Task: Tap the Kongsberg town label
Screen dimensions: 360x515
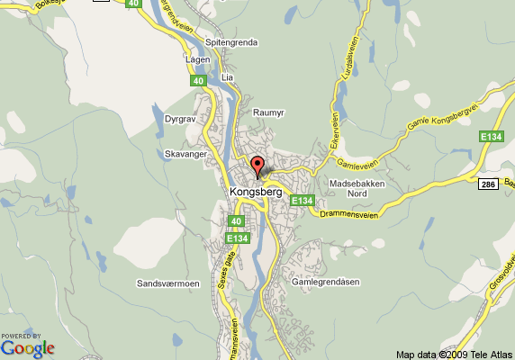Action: pyautogui.click(x=257, y=191)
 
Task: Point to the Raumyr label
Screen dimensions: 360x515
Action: pyautogui.click(x=269, y=112)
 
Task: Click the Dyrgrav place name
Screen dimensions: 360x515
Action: pyautogui.click(x=181, y=118)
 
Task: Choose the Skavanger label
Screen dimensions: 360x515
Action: pyautogui.click(x=186, y=155)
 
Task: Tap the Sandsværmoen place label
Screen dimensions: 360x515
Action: pyautogui.click(x=167, y=283)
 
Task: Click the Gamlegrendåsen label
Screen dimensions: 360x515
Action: pyautogui.click(x=326, y=282)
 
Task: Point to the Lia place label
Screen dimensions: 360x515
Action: pyautogui.click(x=227, y=78)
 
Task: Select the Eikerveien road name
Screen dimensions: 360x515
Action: pyautogui.click(x=332, y=134)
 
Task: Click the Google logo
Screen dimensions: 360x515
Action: pyautogui.click(x=27, y=346)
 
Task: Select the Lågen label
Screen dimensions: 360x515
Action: pyautogui.click(x=196, y=60)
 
